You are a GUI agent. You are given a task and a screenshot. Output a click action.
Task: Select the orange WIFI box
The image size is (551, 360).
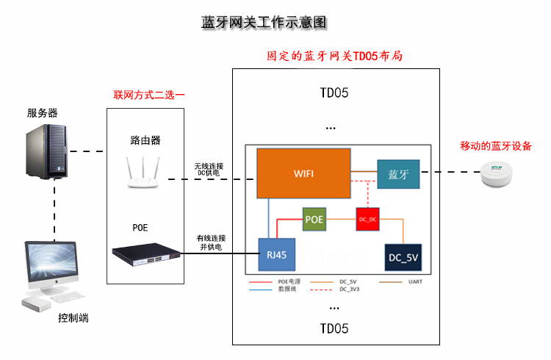(x=303, y=173)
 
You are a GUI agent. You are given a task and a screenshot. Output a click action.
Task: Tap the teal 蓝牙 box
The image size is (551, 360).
(x=398, y=175)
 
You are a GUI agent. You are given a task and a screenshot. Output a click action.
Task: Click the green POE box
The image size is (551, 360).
(x=314, y=219)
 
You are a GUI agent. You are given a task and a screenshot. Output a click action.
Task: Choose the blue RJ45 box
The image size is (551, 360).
(x=276, y=254)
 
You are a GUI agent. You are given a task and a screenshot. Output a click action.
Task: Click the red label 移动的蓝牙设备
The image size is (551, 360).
(x=496, y=146)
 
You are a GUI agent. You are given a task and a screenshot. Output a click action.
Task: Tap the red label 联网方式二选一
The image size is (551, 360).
(x=149, y=96)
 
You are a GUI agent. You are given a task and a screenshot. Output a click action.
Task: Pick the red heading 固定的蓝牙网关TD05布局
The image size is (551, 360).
(x=335, y=57)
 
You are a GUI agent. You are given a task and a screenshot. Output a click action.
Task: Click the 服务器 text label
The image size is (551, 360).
(x=43, y=112)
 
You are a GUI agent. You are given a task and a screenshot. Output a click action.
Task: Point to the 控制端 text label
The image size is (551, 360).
(x=73, y=318)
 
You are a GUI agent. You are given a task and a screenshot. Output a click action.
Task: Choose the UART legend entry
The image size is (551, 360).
(x=413, y=281)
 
